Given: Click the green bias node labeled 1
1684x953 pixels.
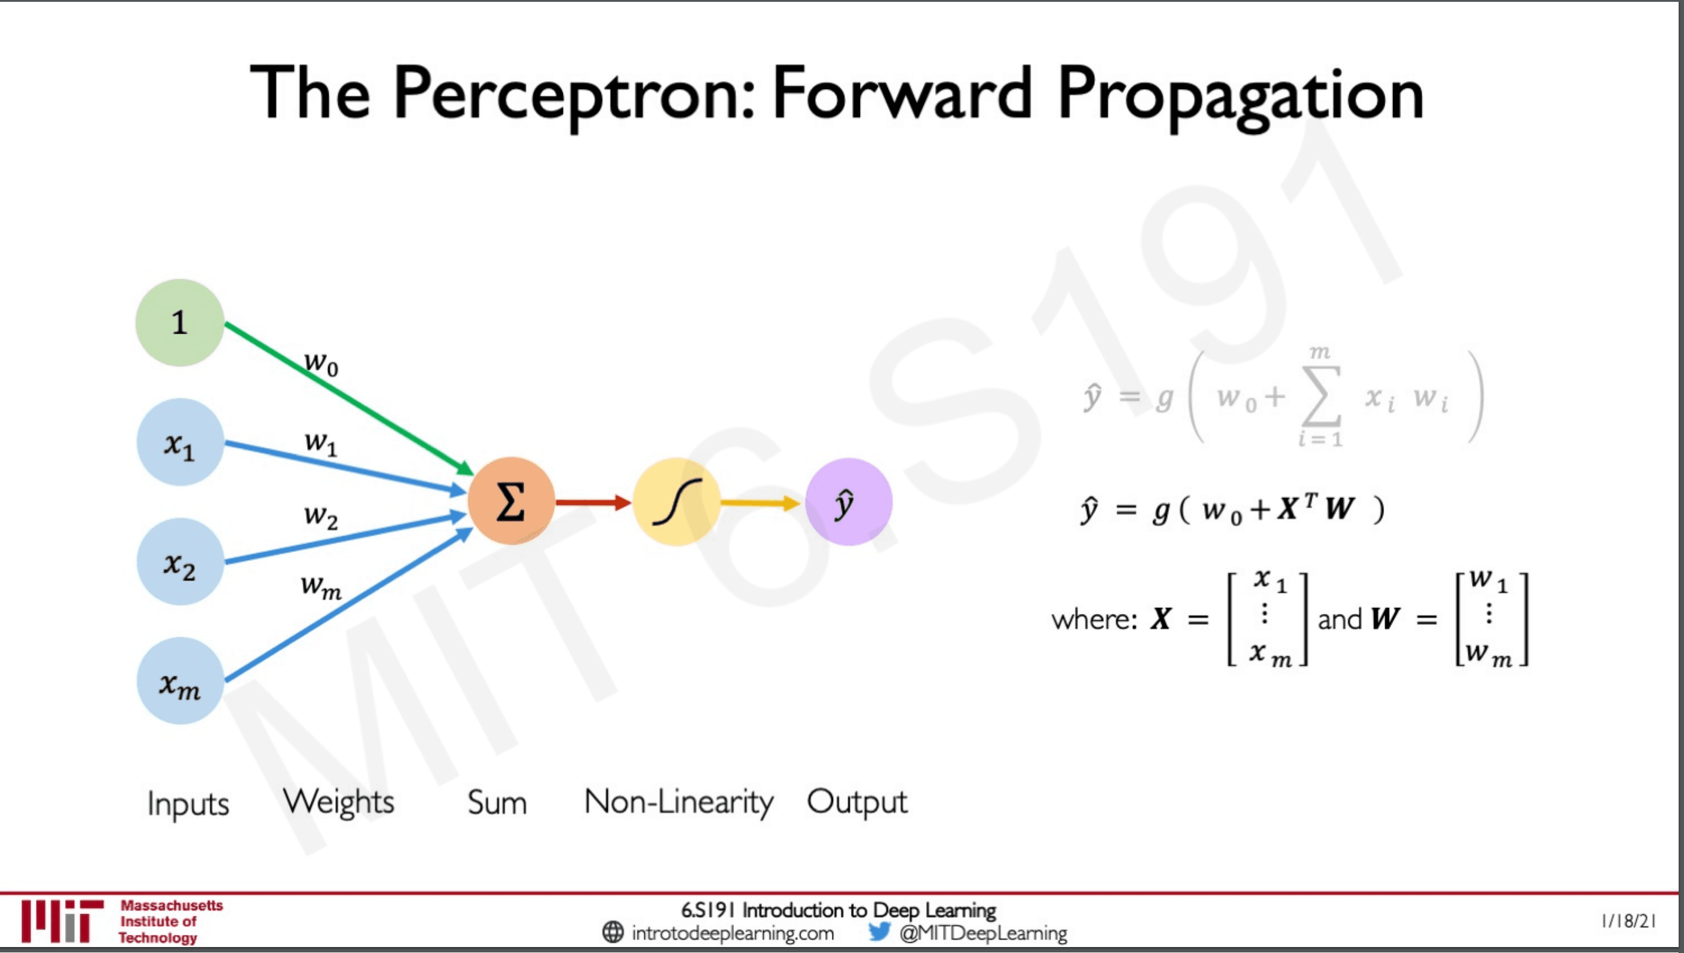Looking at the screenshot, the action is click(x=180, y=322).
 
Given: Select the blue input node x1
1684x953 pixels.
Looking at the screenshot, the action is click(x=180, y=442).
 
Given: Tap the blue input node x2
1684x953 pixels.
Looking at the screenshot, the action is click(x=180, y=561).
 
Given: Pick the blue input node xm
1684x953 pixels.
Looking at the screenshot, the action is click(x=180, y=681).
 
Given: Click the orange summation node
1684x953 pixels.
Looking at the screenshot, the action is click(x=511, y=502).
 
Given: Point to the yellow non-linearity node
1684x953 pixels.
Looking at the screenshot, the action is click(x=676, y=502).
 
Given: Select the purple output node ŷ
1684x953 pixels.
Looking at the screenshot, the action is click(x=849, y=502).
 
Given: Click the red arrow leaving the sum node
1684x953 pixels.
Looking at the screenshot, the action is click(x=593, y=503).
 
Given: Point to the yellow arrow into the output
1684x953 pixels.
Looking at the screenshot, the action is click(x=760, y=503).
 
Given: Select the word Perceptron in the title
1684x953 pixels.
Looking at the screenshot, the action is click(x=574, y=94).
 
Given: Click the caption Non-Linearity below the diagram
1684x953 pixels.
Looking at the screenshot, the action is click(x=678, y=802).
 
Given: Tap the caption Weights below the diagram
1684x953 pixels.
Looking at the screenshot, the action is click(x=338, y=802).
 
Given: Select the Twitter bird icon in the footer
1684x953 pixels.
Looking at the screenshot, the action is click(x=879, y=931).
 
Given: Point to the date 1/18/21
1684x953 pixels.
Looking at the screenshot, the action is click(x=1628, y=921).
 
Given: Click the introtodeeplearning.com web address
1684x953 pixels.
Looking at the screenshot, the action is click(x=733, y=933).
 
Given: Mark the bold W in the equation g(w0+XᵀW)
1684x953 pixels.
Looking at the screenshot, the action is click(x=1340, y=509).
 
